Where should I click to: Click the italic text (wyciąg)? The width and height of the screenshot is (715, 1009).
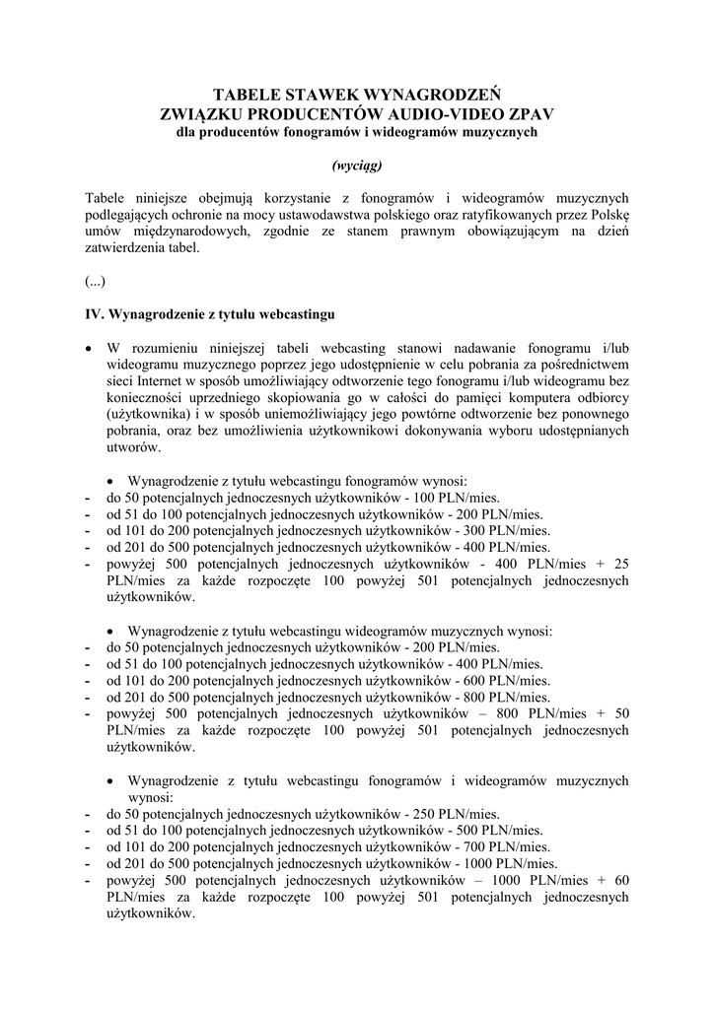(357, 165)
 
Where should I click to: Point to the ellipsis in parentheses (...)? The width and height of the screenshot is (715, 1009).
(95, 281)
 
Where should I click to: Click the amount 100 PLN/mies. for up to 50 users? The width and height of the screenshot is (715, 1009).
(469, 498)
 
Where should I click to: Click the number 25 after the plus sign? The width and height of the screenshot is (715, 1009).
(620, 565)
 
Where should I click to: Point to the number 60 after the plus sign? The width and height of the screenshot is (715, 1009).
(620, 881)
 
